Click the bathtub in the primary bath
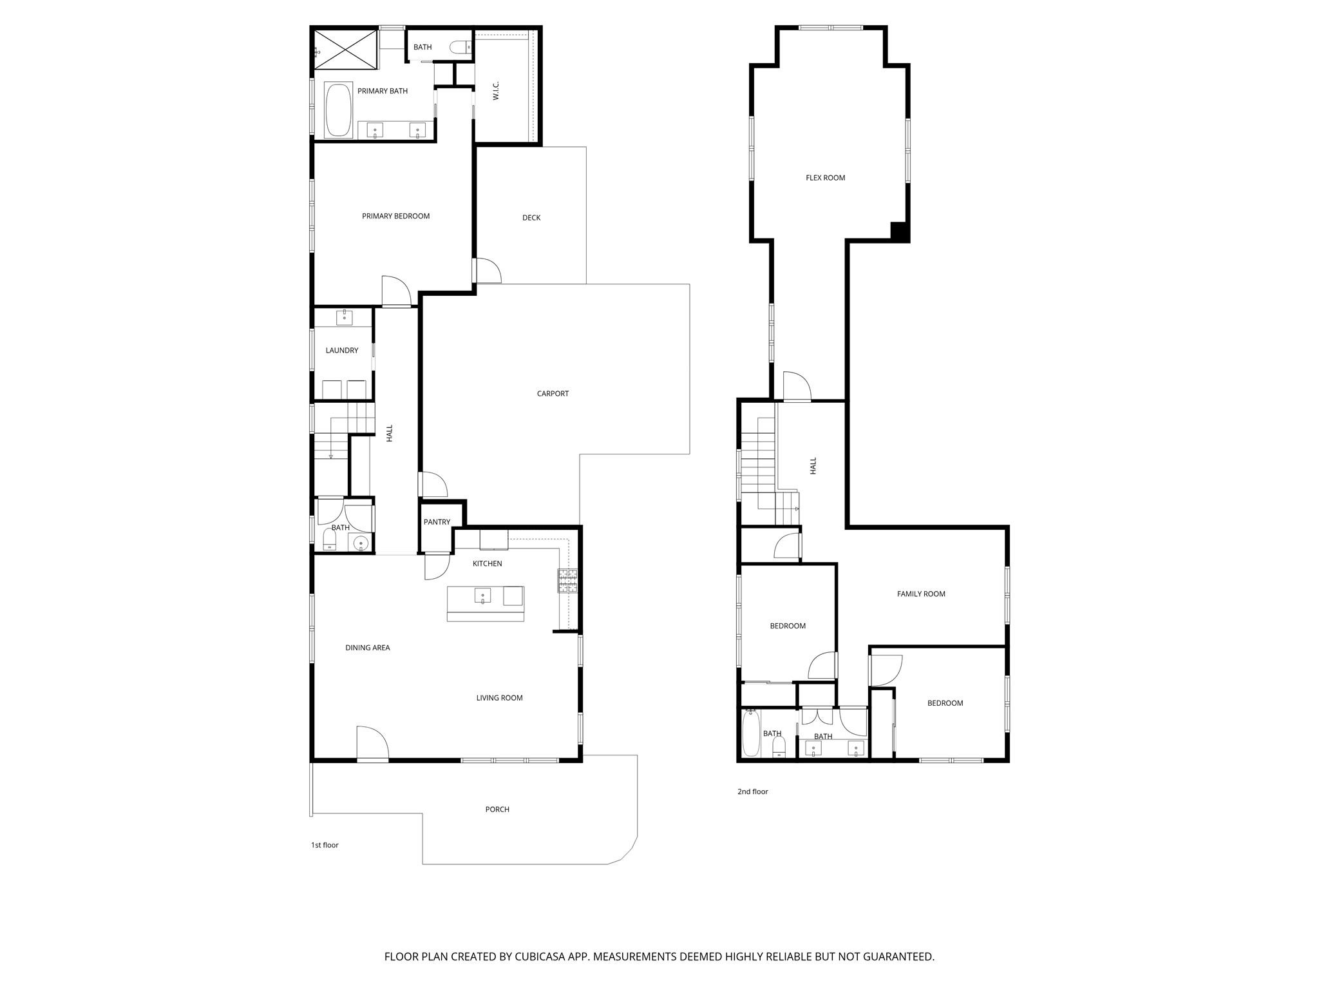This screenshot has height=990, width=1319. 338,109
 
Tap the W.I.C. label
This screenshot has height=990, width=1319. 496,91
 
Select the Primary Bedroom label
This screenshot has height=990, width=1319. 395,217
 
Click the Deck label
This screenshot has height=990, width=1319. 531,218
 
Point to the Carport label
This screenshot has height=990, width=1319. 553,394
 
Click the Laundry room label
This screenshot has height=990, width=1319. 341,351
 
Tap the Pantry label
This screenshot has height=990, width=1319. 437,522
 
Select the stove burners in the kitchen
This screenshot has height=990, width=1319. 567,581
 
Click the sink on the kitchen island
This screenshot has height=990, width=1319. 483,596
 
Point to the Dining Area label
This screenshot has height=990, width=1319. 367,648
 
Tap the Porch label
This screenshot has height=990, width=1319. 497,810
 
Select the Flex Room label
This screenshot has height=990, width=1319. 825,178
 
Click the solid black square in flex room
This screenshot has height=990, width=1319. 899,231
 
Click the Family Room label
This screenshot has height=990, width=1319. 921,594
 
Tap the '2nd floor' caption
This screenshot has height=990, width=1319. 752,791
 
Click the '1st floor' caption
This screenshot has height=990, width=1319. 325,845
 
